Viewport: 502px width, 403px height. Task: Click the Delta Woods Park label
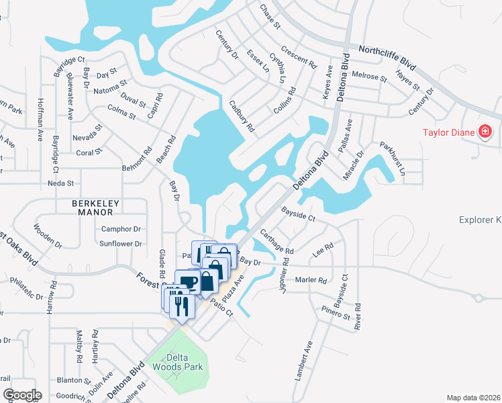click(177, 363)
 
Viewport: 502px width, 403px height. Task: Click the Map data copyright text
click(474, 398)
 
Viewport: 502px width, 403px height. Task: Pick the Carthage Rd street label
click(277, 240)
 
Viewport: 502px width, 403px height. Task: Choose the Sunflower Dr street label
click(120, 244)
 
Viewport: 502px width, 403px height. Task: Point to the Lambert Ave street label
click(304, 361)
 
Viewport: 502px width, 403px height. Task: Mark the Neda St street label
click(60, 183)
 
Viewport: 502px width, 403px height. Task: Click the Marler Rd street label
click(310, 280)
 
